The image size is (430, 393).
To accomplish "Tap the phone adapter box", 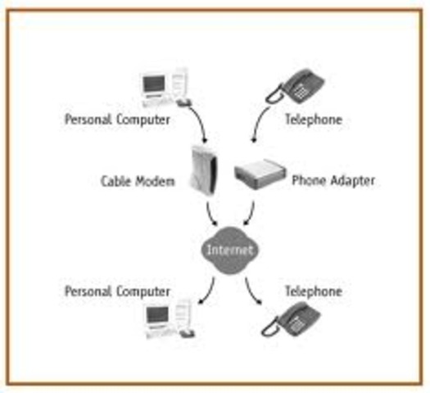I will click(x=259, y=174).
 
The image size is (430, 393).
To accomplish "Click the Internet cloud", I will click(x=229, y=249).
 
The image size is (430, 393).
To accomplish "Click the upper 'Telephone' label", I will click(x=313, y=120).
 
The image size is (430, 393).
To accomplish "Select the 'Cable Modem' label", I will click(x=138, y=181).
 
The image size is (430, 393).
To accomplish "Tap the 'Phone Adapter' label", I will click(x=333, y=181).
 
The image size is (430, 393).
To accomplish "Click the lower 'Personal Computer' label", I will click(x=118, y=291).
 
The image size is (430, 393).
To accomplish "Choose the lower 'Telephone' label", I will click(x=313, y=291).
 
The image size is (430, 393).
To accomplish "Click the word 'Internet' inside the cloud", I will click(x=229, y=249).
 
